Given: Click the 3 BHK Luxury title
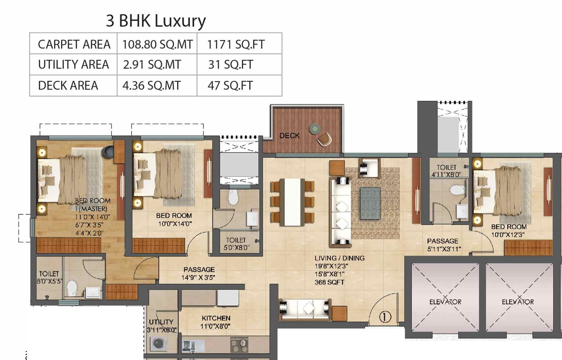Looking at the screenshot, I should (x=156, y=21).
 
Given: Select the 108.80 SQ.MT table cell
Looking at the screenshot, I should (x=157, y=45).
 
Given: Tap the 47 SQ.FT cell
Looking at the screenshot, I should (x=230, y=86).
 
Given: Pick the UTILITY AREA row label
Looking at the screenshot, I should (x=73, y=64).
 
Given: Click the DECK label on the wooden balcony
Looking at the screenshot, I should (x=289, y=136).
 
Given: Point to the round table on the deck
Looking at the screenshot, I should (x=315, y=129).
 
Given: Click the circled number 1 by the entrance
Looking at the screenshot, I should (x=385, y=317).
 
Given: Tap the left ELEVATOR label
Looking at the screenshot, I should (x=445, y=302).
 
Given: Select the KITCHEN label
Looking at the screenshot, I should (x=216, y=318).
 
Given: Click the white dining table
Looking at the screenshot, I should (x=292, y=202).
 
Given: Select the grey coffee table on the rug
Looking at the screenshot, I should (x=370, y=203).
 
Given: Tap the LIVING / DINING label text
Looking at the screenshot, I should (x=339, y=258).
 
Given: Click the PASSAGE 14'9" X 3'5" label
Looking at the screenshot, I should (x=199, y=273).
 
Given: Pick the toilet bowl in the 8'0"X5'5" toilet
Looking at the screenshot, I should (x=72, y=288).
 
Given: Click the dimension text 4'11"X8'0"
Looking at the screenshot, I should (x=446, y=174).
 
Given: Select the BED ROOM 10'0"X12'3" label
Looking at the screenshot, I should (x=508, y=230).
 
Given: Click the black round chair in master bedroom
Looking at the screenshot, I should (x=108, y=151).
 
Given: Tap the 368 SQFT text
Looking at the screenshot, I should (x=329, y=282).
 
